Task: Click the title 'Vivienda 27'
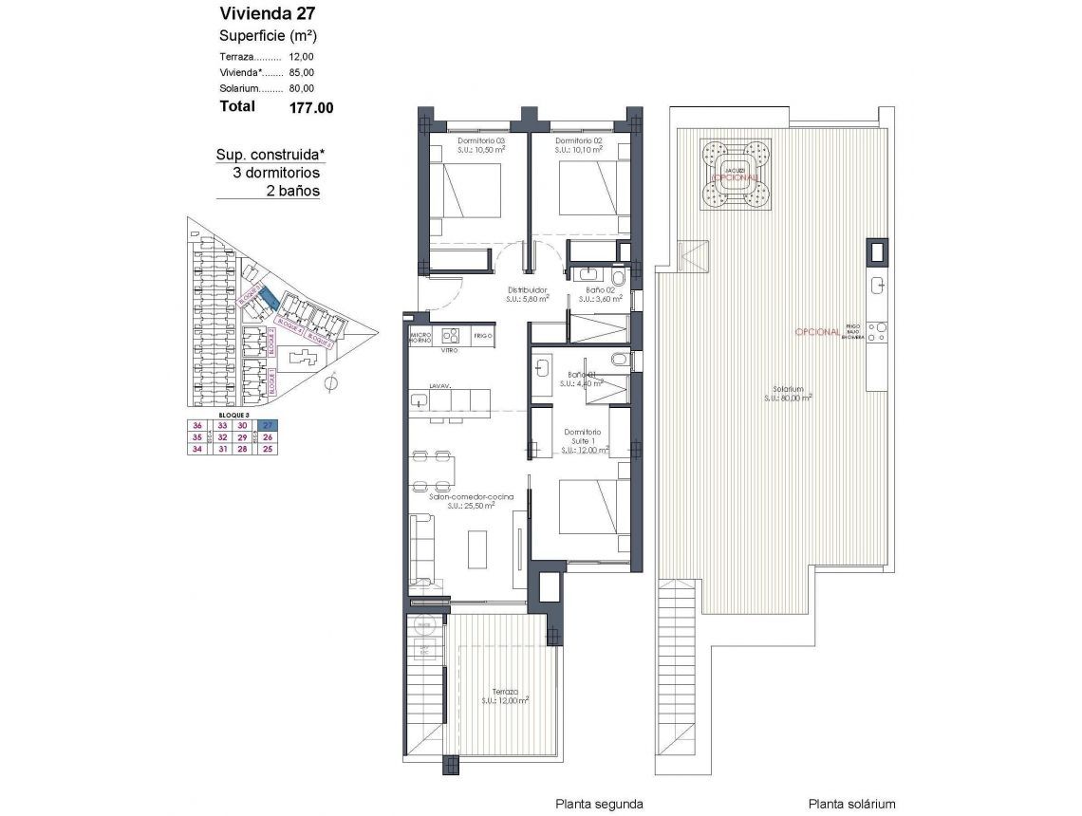click(267, 13)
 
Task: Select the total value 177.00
click(311, 107)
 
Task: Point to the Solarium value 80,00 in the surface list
click(302, 88)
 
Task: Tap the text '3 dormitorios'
click(276, 174)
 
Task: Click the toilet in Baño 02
click(618, 278)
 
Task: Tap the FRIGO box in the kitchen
click(483, 335)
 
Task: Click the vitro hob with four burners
click(451, 335)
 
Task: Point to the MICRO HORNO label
click(420, 336)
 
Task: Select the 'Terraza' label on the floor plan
click(505, 692)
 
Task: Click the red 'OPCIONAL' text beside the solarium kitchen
click(816, 332)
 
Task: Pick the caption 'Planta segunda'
click(599, 803)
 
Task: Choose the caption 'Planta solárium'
click(851, 803)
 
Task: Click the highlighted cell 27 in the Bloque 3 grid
click(269, 425)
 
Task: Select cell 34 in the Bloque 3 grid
click(198, 450)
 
